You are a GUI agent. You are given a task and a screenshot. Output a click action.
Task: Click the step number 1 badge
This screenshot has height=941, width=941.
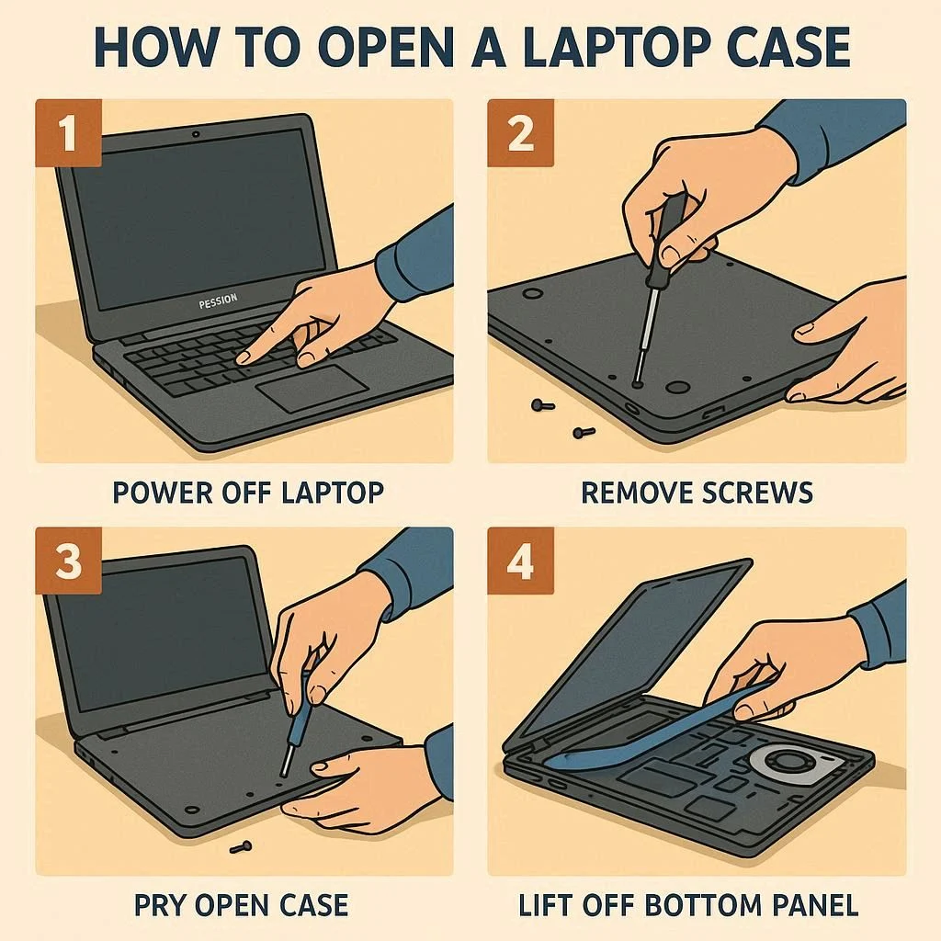pos(68,132)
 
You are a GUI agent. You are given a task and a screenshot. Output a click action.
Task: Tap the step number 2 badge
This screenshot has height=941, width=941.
pos(520,132)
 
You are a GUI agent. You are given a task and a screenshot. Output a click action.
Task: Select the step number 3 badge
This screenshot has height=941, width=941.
pos(68,561)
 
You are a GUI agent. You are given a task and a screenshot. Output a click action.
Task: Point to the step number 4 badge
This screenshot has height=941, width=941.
pos(520,561)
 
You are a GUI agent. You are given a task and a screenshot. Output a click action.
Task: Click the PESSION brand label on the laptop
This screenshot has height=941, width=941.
pos(218,301)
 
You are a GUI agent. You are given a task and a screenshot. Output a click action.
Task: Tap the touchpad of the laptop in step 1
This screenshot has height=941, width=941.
pos(312,388)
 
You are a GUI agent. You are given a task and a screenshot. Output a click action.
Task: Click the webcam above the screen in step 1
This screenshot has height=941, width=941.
pos(196,134)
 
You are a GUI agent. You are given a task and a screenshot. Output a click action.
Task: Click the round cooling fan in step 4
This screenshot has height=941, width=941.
pos(787,763)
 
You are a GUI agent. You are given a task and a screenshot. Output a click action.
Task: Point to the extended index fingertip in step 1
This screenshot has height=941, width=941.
pos(243,358)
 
